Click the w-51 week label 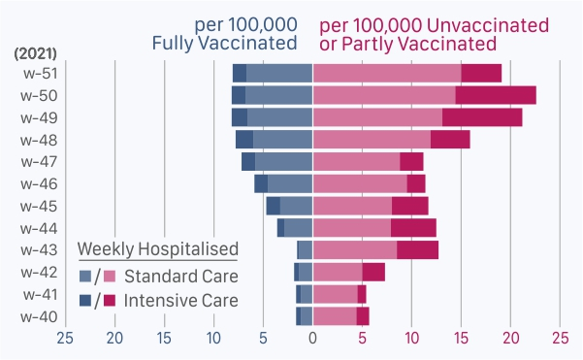point(40,74)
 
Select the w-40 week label point(39,317)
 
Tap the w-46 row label point(39,184)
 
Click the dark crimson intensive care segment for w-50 point(496,95)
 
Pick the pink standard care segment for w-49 point(377,117)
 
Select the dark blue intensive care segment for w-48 point(244,140)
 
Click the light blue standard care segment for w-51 point(279,74)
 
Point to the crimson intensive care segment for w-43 point(417,250)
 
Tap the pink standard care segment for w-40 point(335,316)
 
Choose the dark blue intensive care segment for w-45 point(274,206)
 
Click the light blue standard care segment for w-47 point(283,162)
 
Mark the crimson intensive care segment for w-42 point(373,273)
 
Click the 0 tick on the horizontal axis point(312,338)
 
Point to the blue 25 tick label point(65,338)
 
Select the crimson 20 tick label point(511,338)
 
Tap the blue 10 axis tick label point(213,338)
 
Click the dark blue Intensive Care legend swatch point(85,300)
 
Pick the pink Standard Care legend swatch point(110,276)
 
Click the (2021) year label point(35,53)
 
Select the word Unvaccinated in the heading point(487,25)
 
